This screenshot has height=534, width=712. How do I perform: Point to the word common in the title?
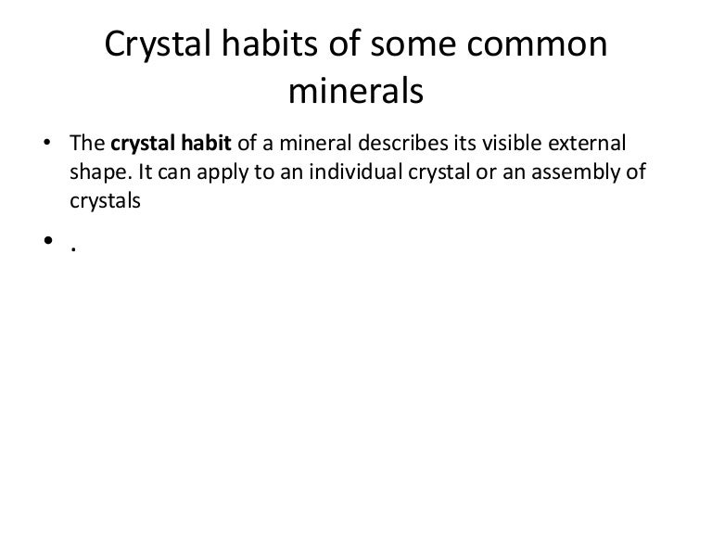click(543, 44)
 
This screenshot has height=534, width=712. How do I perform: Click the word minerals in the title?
click(356, 90)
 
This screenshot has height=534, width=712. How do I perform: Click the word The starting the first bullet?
click(88, 146)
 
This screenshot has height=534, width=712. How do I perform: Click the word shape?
click(93, 174)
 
